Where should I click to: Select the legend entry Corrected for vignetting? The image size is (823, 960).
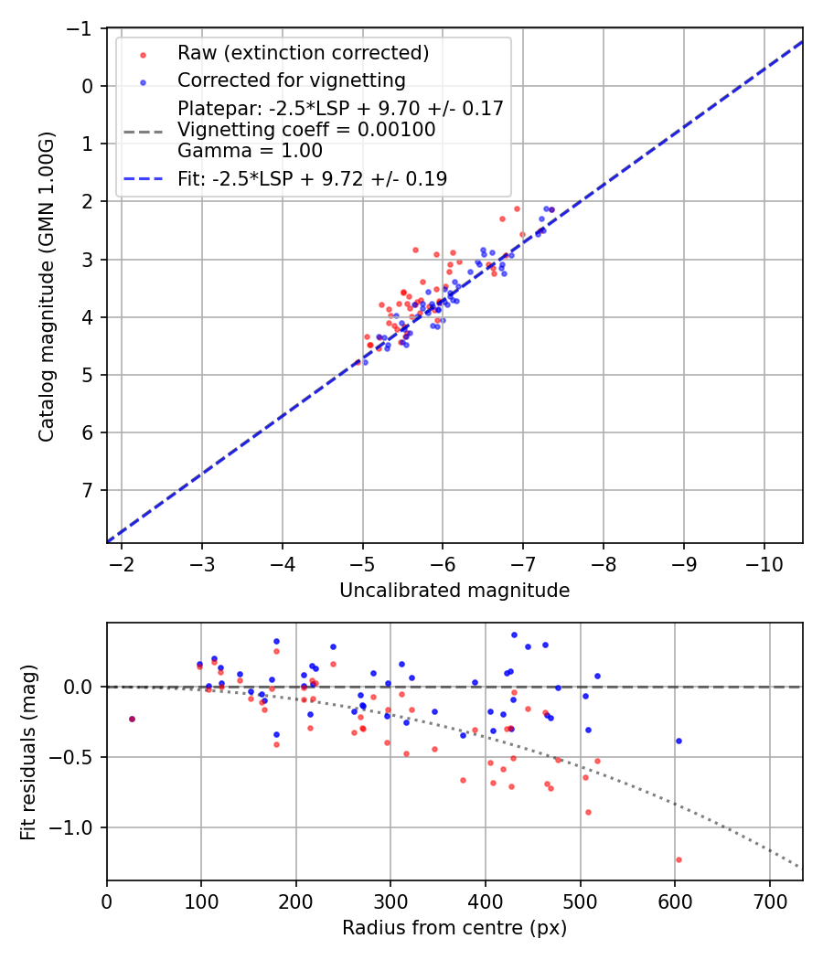pos(291,80)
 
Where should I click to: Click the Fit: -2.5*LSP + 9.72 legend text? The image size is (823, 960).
pos(312,179)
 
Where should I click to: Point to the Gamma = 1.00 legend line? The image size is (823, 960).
pos(250,150)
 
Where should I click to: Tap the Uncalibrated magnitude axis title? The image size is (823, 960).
pos(454,591)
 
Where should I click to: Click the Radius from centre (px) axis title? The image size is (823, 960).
pos(454,928)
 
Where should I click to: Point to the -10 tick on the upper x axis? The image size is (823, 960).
pos(764,563)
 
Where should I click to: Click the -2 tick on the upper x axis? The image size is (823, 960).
pos(123,563)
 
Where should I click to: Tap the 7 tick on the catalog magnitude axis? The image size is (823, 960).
pos(89,490)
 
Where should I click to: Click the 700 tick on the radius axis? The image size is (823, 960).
pos(769,900)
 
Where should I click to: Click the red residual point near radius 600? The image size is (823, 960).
pos(679,859)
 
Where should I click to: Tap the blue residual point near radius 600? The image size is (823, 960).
pos(679,741)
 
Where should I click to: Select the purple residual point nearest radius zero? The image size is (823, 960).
pos(132,719)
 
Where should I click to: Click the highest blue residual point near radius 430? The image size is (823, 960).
pos(514,635)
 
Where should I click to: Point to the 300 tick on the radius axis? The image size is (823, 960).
pos(390,900)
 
